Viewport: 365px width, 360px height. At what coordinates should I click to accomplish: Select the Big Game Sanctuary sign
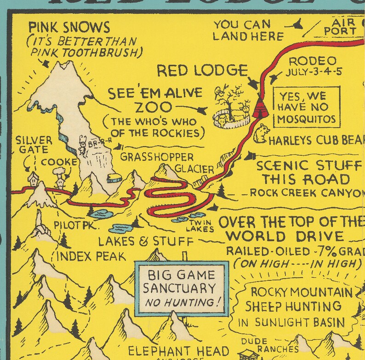coord(181,289)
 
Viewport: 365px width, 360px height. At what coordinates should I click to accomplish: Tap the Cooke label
coord(59,162)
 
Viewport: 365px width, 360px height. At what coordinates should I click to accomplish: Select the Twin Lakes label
coord(201,226)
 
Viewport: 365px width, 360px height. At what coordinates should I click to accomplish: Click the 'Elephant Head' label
coord(178,350)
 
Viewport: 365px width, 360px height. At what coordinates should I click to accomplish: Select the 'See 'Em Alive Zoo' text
coord(155,100)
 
